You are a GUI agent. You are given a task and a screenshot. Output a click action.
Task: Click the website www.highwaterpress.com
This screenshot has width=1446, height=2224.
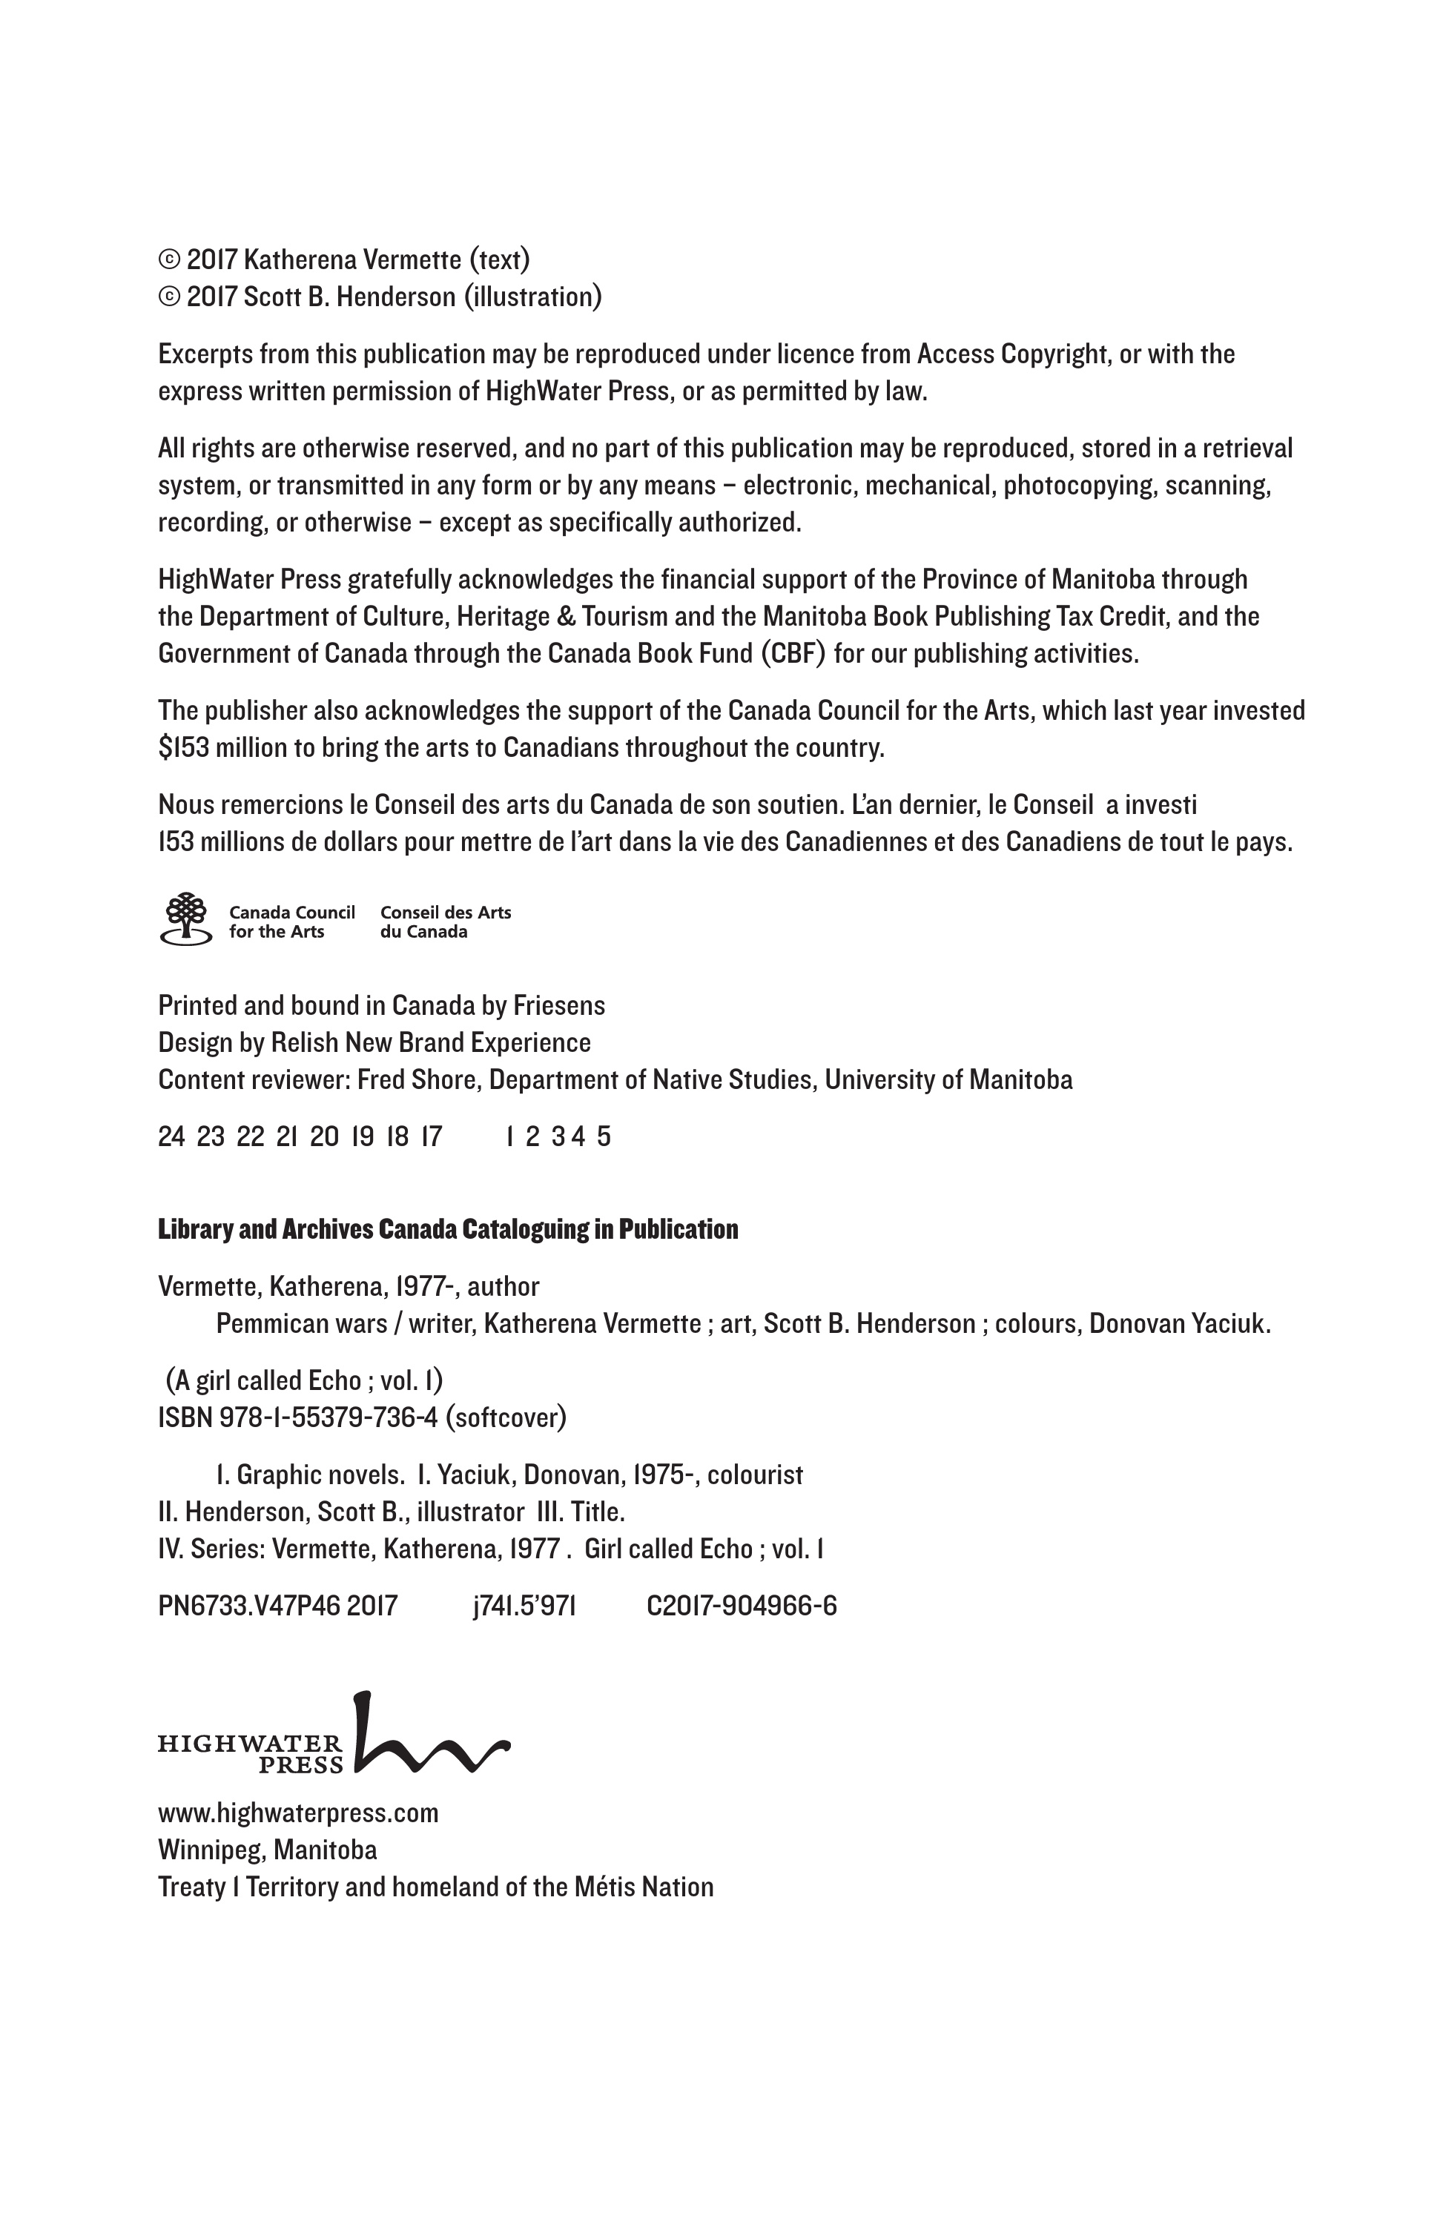pyautogui.click(x=297, y=1813)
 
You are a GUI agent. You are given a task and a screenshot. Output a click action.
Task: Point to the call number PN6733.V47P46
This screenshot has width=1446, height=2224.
pyautogui.click(x=248, y=1606)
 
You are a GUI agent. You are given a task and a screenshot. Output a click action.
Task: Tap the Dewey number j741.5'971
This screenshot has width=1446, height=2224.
pyautogui.click(x=524, y=1606)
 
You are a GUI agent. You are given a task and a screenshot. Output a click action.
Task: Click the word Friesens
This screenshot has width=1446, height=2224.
pyautogui.click(x=559, y=1005)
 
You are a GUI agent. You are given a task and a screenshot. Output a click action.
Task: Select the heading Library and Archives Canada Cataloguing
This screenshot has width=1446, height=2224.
pyautogui.click(x=447, y=1229)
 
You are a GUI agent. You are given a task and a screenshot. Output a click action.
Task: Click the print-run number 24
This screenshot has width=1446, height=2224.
pyautogui.click(x=171, y=1136)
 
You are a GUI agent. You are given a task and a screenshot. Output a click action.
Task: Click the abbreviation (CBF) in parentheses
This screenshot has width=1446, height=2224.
pyautogui.click(x=793, y=653)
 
